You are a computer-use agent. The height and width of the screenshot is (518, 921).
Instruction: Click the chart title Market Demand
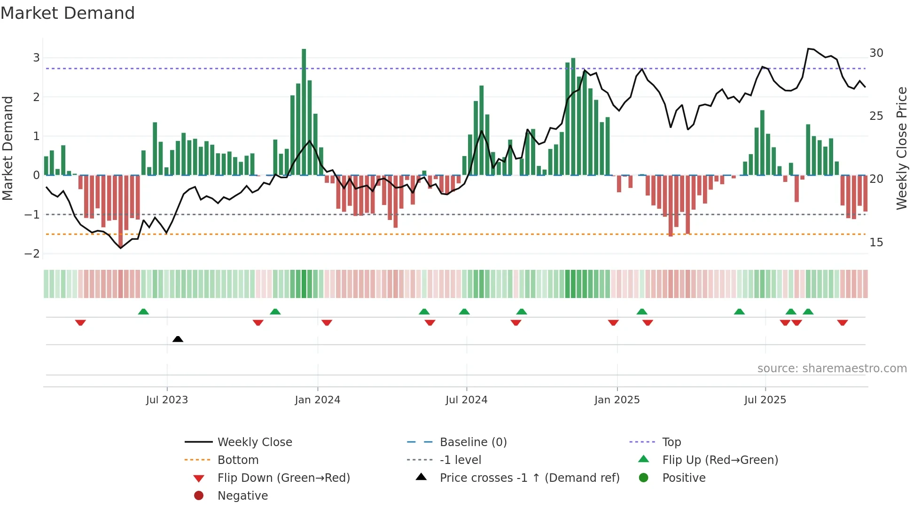pos(68,13)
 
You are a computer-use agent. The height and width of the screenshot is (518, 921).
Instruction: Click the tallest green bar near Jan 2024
pos(304,113)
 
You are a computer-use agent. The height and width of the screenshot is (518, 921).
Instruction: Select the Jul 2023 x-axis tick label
pos(167,400)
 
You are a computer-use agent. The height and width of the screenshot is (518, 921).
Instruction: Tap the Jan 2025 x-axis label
pos(617,400)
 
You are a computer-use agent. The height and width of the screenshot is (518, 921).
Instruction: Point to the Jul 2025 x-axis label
pos(765,400)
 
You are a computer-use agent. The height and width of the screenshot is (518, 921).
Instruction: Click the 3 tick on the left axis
pos(36,58)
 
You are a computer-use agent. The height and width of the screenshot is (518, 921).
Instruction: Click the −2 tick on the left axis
pos(32,254)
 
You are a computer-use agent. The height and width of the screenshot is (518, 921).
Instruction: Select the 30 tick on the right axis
pos(876,53)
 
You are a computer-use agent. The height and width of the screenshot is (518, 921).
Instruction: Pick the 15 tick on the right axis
pos(876,243)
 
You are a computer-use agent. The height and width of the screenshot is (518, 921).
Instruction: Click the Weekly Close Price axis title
pos(901,148)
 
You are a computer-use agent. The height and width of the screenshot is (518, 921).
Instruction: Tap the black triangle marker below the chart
pos(178,339)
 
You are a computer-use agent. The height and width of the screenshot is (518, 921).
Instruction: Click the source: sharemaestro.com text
pos(832,369)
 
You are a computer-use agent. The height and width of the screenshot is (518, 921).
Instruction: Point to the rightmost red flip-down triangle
pos(842,322)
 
